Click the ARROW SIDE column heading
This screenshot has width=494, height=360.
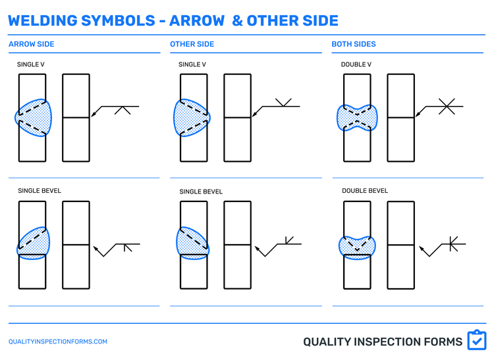[31, 44]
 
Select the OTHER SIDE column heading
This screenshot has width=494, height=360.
[192, 44]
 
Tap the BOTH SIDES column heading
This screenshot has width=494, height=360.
[354, 44]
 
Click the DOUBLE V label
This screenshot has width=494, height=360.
[356, 64]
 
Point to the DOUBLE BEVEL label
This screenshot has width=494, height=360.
[365, 191]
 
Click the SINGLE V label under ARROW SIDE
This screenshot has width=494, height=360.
[31, 64]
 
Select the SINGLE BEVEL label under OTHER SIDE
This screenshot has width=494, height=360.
[201, 192]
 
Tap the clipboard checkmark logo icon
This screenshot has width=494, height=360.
[476, 340]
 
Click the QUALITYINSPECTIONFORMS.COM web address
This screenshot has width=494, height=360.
[57, 342]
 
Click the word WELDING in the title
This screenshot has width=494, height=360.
[42, 20]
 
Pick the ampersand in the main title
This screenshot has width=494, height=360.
[236, 20]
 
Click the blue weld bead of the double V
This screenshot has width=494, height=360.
[358, 117]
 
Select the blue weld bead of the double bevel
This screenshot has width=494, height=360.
[356, 245]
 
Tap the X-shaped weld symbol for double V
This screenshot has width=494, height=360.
[447, 106]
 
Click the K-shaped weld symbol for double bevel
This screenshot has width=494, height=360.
[452, 244]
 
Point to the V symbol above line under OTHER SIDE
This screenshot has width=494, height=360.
[284, 102]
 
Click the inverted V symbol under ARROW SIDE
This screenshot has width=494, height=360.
[123, 110]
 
